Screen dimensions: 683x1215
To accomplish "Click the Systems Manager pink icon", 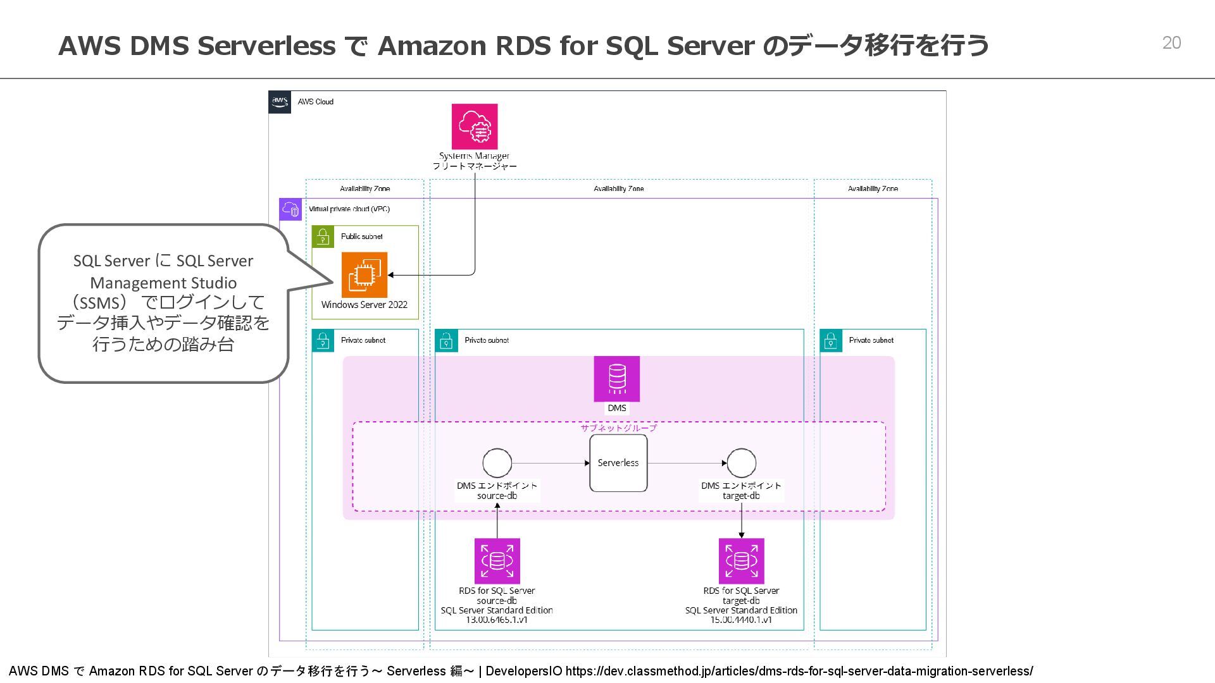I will click(474, 126).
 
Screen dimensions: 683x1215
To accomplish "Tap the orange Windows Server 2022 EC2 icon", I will click(364, 275).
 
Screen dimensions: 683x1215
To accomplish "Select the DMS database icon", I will click(616, 378).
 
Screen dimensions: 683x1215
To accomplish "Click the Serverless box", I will click(618, 463).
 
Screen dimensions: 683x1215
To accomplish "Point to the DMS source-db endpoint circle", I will click(497, 463).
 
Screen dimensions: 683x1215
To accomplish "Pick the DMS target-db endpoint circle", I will click(741, 463).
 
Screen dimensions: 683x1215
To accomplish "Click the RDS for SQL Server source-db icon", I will click(497, 561).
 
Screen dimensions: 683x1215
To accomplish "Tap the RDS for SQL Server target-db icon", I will click(741, 561).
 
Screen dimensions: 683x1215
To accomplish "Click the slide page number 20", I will click(1171, 43).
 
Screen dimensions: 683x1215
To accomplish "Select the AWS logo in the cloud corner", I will click(280, 102).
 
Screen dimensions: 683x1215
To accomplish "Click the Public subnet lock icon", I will click(323, 237).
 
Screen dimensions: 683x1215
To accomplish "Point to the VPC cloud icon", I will click(290, 209).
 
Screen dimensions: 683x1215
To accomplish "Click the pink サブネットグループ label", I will click(618, 428).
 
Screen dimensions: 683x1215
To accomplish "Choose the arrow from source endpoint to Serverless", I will click(551, 463).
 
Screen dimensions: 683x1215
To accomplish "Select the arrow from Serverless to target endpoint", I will click(687, 463).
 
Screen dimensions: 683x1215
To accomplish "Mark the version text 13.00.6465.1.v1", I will click(497, 620).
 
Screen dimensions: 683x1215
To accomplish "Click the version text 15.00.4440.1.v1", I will click(741, 620).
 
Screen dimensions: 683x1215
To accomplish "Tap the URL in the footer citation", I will click(799, 671).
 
